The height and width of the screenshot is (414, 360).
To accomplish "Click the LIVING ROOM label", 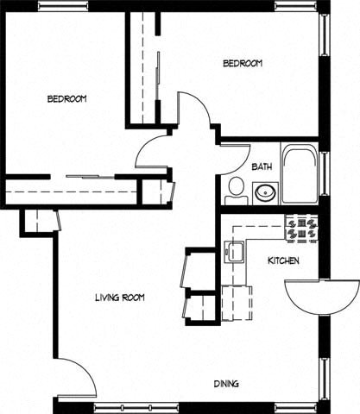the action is [x=120, y=298].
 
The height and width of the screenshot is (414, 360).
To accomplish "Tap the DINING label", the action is [x=226, y=384].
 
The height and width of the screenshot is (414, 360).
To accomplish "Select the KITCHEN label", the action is [x=283, y=260].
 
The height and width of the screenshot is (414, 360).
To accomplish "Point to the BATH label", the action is [x=262, y=166].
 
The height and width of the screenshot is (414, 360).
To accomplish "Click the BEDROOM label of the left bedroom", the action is [x=66, y=99].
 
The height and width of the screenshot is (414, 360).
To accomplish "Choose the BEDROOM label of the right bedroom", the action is [x=243, y=63].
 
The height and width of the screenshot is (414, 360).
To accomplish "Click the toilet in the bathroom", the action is [x=237, y=191].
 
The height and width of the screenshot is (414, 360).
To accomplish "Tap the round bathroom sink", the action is [x=265, y=193].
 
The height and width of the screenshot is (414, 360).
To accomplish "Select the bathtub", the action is [x=300, y=174].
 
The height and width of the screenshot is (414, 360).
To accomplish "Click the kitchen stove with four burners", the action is [x=301, y=229].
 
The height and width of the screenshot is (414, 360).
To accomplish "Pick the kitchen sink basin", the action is [x=234, y=252].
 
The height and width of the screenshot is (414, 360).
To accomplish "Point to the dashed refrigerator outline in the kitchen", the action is [x=237, y=303].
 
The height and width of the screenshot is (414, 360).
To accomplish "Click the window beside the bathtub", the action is [x=325, y=174].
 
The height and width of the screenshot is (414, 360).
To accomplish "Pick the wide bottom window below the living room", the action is [x=136, y=408].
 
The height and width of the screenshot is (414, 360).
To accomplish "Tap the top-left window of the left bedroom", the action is [x=64, y=5].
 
